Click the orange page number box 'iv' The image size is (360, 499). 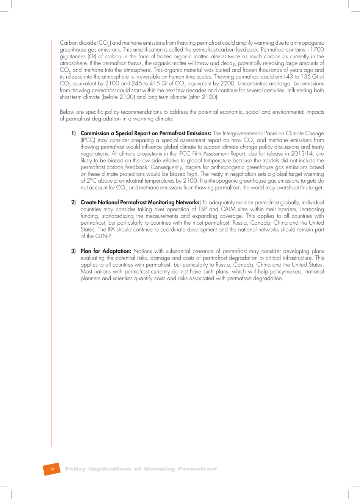pyautogui.click(x=52, y=469)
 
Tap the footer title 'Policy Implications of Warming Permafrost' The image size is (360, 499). pyautogui.click(x=141, y=469)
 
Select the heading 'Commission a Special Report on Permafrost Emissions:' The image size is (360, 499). pyautogui.click(x=146, y=133)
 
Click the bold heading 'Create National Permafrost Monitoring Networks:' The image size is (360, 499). pyautogui.click(x=140, y=202)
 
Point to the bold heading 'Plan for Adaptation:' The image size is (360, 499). pyautogui.click(x=106, y=251)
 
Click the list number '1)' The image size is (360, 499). pyautogui.click(x=74, y=133)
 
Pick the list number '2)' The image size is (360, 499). pyautogui.click(x=74, y=202)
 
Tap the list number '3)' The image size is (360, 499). pyautogui.click(x=74, y=251)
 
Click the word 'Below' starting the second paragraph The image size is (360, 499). pyautogui.click(x=67, y=112)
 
